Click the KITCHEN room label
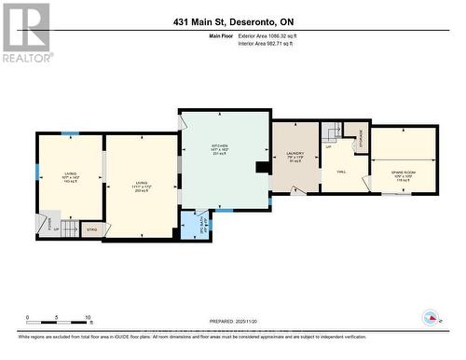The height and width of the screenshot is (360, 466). pyautogui.click(x=220, y=149)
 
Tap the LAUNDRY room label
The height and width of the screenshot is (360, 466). pyautogui.click(x=295, y=158)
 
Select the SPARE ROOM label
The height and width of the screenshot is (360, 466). pyautogui.click(x=402, y=158)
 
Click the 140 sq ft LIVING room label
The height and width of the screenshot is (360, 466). pyautogui.click(x=70, y=175)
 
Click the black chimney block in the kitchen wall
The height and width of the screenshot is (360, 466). pyautogui.click(x=263, y=169)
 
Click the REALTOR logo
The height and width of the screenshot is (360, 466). pyautogui.click(x=25, y=31)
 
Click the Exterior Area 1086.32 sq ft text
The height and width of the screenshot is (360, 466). pyautogui.click(x=281, y=35)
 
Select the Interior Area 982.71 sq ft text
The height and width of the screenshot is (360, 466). pyautogui.click(x=281, y=42)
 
